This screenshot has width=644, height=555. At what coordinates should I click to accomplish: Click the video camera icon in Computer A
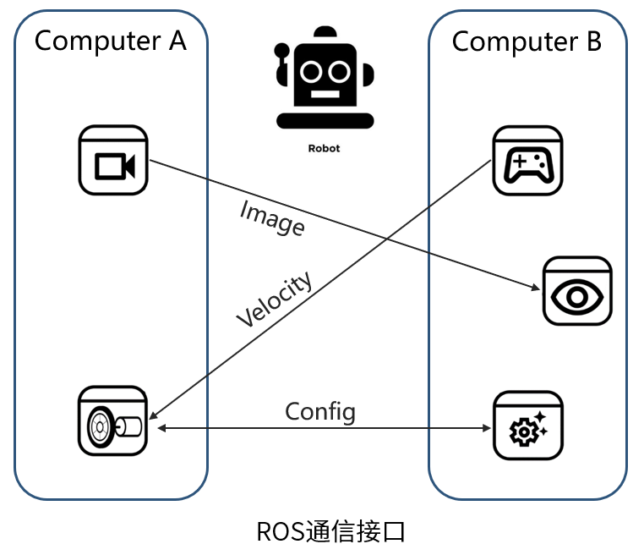(x=113, y=160)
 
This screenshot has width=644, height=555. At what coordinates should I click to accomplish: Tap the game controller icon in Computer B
(x=528, y=161)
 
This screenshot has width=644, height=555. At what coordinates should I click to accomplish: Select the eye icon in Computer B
(x=577, y=292)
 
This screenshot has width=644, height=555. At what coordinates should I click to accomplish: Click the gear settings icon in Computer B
(x=527, y=426)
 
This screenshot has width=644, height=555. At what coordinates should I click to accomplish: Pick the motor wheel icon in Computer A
(x=112, y=421)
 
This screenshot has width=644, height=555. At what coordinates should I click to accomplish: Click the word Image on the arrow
(x=272, y=217)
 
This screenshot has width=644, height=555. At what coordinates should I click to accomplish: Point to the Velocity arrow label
(x=274, y=299)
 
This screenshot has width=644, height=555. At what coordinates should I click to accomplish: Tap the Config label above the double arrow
(x=320, y=412)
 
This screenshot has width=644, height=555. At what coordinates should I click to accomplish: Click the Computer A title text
(x=110, y=40)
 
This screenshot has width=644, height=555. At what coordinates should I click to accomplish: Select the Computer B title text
(x=527, y=41)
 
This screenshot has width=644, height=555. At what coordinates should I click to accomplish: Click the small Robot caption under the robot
(x=324, y=148)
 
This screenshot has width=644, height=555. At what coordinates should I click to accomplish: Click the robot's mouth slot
(x=324, y=94)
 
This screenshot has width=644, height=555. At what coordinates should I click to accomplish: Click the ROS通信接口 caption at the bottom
(x=332, y=532)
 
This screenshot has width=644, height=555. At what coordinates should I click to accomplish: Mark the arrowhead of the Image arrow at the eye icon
(x=536, y=289)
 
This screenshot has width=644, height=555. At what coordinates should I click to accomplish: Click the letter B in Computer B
(x=592, y=41)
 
